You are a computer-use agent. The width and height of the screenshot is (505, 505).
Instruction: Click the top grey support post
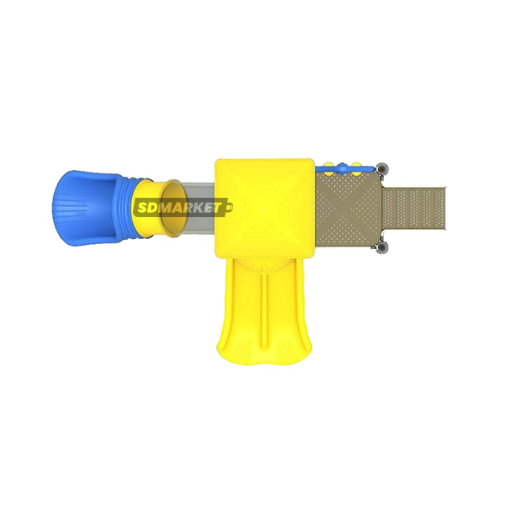coord(382,169)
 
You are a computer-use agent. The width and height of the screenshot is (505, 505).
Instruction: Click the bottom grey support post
coord(382,247)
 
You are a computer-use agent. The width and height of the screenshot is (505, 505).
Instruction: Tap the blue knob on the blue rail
coord(342,168)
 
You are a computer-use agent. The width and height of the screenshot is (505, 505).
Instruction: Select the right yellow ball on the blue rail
coord(356,169)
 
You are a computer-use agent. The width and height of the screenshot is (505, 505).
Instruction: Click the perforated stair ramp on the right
coord(414,209)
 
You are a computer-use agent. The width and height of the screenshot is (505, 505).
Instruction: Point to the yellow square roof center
coord(264,209)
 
